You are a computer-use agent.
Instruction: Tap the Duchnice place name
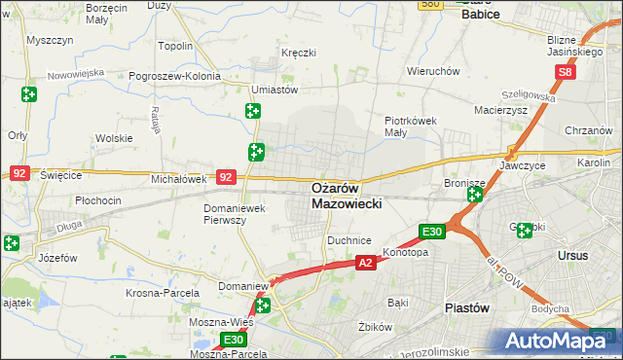click(349, 239)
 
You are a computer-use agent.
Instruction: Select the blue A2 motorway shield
click(365, 263)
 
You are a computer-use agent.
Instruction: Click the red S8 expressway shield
click(567, 72)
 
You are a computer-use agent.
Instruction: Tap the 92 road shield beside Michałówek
click(226, 177)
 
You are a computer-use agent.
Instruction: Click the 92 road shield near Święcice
click(19, 172)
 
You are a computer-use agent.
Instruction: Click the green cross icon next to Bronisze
click(474, 196)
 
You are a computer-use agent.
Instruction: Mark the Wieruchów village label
click(433, 71)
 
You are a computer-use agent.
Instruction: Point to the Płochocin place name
click(97, 200)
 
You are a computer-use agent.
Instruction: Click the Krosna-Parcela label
click(163, 292)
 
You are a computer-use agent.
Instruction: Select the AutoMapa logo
click(560, 341)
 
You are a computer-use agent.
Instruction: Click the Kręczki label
click(299, 52)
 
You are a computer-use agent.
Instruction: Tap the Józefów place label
click(56, 259)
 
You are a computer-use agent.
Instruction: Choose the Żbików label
click(374, 326)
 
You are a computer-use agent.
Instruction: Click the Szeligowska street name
click(529, 91)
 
